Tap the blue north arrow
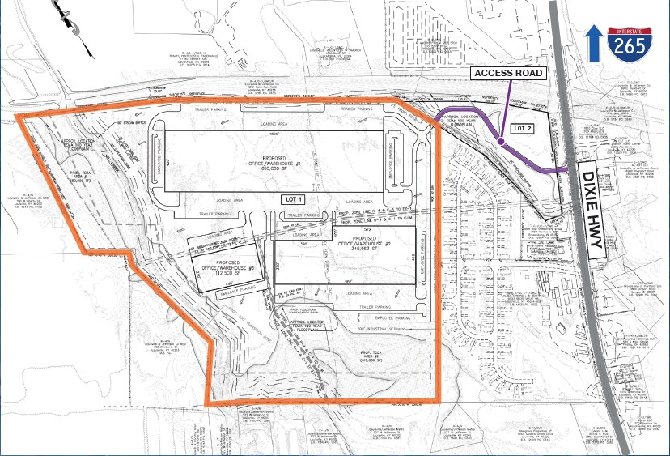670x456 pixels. pos(594,42)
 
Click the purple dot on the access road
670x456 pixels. pos(501,142)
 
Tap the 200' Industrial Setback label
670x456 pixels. pos(381,328)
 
